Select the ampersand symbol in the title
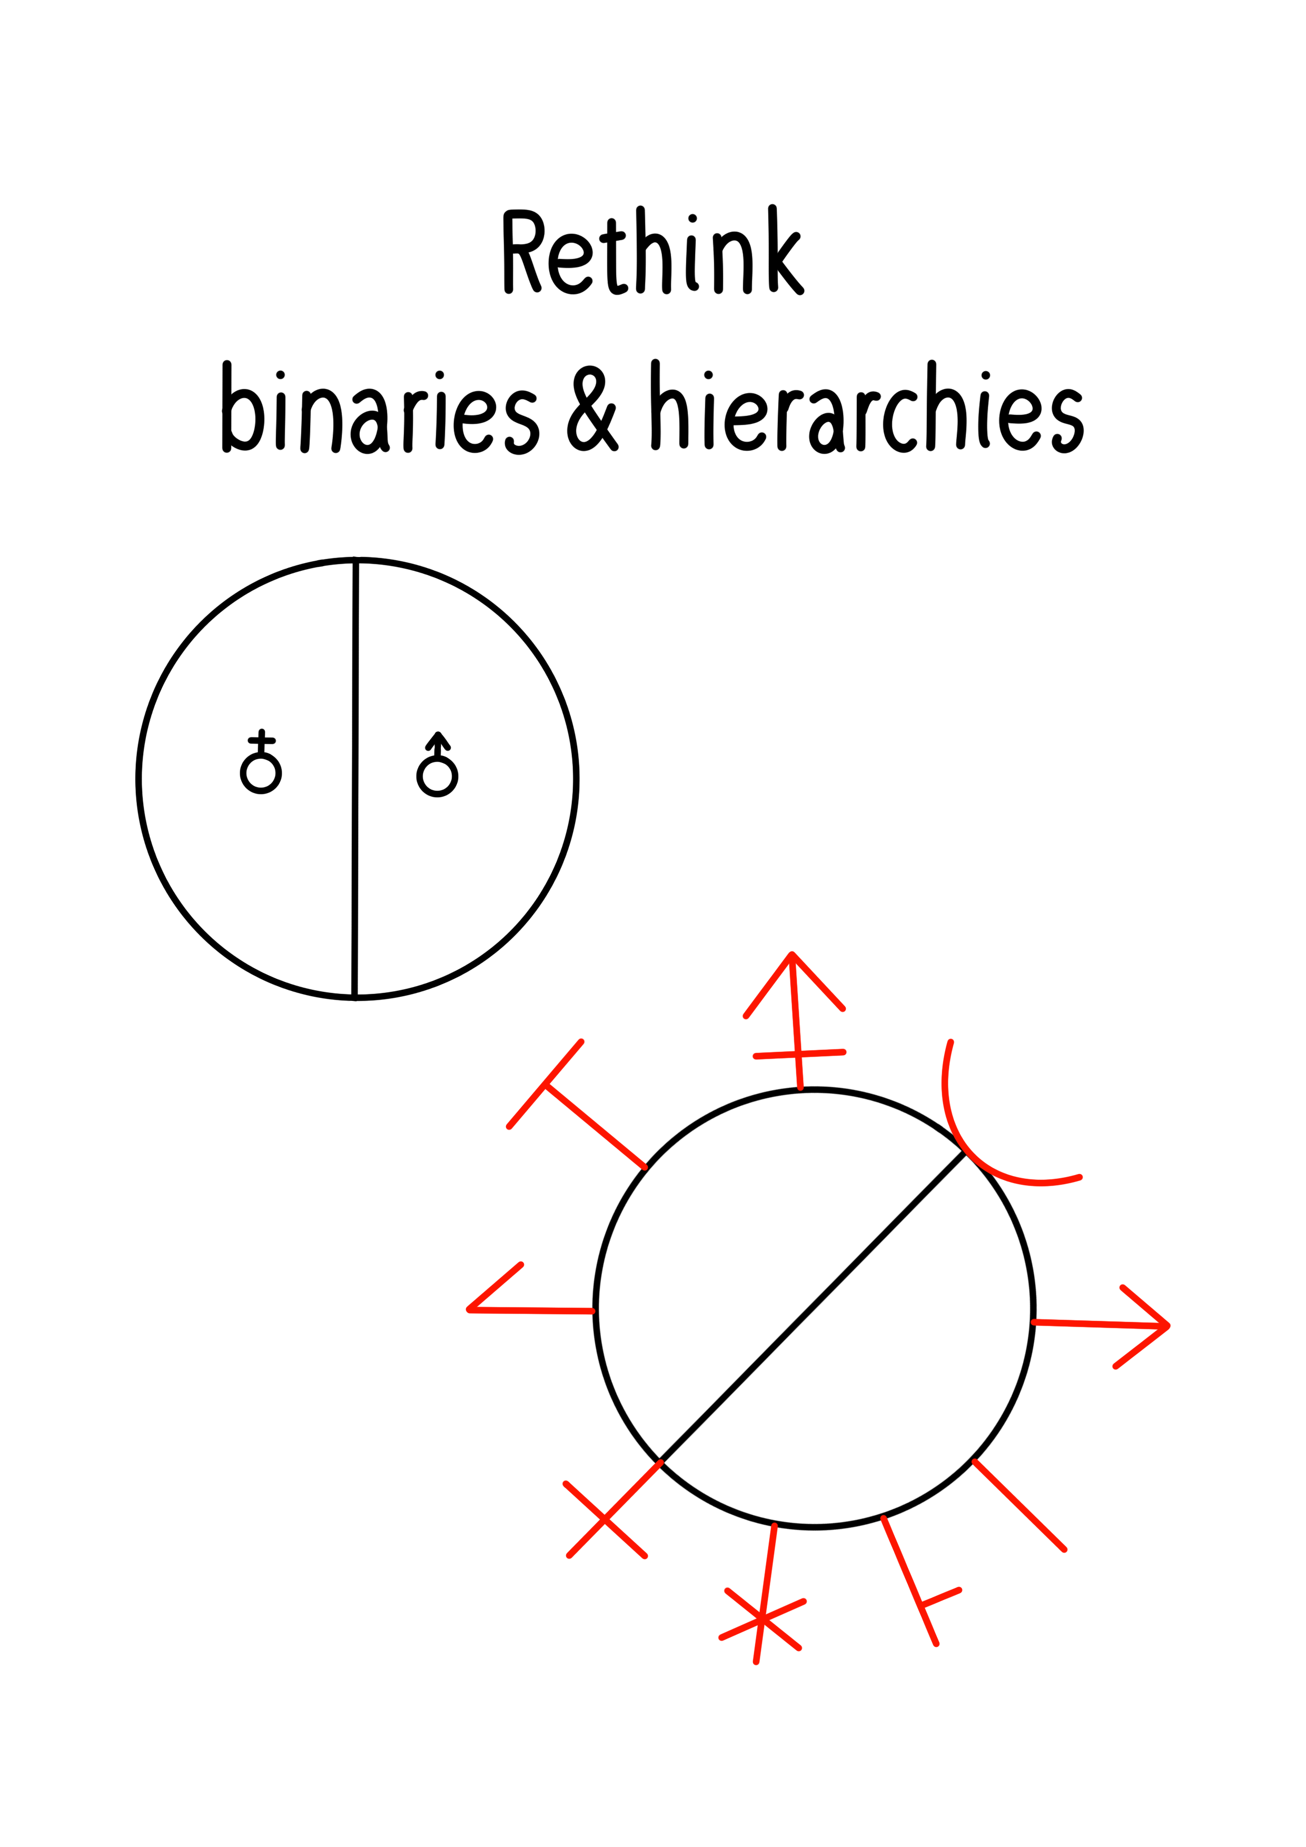(x=592, y=410)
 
